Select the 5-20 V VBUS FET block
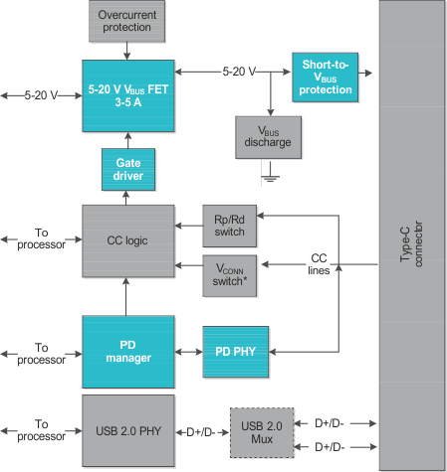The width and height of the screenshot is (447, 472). pyautogui.click(x=128, y=95)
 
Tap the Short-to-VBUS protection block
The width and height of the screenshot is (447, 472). pyautogui.click(x=326, y=78)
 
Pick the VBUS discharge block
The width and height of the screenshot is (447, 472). pyautogui.click(x=268, y=136)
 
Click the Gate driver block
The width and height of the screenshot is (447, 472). pyautogui.click(x=128, y=169)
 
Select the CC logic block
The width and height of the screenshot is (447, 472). pyautogui.click(x=128, y=241)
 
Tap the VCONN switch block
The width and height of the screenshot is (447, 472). pyautogui.click(x=229, y=273)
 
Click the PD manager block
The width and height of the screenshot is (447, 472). pyautogui.click(x=128, y=351)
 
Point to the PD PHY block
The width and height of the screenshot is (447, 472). pyautogui.click(x=236, y=352)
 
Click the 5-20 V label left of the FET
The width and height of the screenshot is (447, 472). pyautogui.click(x=41, y=95)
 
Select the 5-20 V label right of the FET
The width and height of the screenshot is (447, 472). pyautogui.click(x=239, y=72)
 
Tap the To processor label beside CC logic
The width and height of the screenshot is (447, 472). pyautogui.click(x=41, y=240)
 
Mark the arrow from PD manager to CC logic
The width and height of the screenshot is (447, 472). pyautogui.click(x=128, y=297)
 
